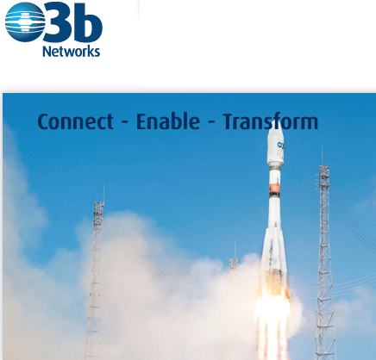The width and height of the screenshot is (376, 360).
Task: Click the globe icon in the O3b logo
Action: [25, 22]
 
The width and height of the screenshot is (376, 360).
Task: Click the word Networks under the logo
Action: [72, 52]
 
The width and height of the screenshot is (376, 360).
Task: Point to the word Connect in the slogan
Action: [75, 121]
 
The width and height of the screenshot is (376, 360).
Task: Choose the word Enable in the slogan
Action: [168, 121]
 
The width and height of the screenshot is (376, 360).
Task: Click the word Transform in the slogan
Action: [271, 121]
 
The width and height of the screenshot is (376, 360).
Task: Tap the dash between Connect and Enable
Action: [125, 123]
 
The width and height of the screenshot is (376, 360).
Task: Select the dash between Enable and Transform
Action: [211, 123]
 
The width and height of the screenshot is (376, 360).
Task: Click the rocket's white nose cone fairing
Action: [275, 146]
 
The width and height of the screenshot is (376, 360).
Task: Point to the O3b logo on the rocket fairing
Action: [280, 146]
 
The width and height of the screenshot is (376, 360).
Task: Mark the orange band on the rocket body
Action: [274, 189]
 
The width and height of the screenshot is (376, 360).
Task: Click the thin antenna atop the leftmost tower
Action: [103, 193]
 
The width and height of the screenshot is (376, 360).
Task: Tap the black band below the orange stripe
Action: [274, 195]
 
